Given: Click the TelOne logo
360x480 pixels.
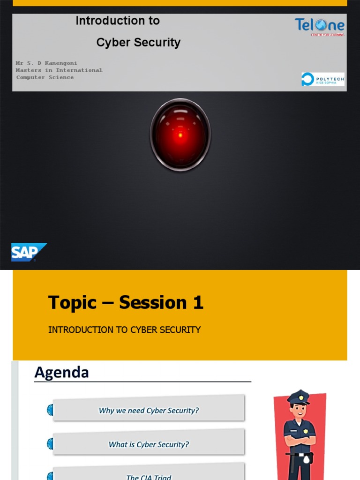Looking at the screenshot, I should click(x=319, y=26).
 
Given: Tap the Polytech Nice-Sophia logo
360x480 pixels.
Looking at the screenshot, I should click(x=322, y=79).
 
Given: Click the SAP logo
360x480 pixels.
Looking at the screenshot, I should click(x=28, y=252).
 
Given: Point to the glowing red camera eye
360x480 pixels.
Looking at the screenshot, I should click(x=180, y=135).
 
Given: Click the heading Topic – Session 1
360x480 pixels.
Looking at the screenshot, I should click(x=126, y=303).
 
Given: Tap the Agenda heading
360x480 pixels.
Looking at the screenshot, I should click(x=61, y=373).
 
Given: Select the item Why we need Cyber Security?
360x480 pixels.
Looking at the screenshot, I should click(x=149, y=411).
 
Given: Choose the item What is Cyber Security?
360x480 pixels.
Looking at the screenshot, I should click(x=149, y=444).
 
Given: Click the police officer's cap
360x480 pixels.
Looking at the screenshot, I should click(x=299, y=397).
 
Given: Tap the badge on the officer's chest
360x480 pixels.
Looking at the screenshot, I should click(x=306, y=431).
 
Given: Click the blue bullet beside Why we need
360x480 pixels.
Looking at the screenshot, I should click(x=50, y=411).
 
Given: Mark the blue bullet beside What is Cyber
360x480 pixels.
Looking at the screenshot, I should click(x=50, y=444).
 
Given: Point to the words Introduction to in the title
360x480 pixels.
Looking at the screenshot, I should click(x=118, y=21).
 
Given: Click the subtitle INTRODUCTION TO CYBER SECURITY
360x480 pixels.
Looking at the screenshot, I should click(x=124, y=330).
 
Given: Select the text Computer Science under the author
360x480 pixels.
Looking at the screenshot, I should click(x=45, y=77).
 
